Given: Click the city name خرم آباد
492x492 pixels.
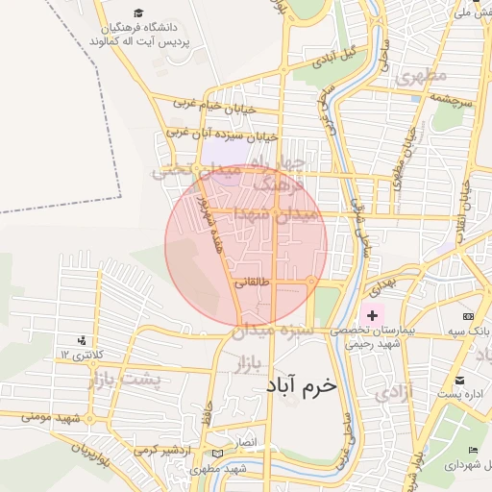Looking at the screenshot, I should pos(302,384).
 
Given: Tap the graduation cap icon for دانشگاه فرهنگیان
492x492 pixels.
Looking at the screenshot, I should pos(138,14).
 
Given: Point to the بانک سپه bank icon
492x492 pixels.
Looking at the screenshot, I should pos(468,316).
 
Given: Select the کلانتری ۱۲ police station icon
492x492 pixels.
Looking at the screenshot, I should pos(82,339).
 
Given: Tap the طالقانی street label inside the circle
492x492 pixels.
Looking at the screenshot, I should pos(253,283).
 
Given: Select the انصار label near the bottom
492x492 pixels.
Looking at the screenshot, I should pos(248,441).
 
